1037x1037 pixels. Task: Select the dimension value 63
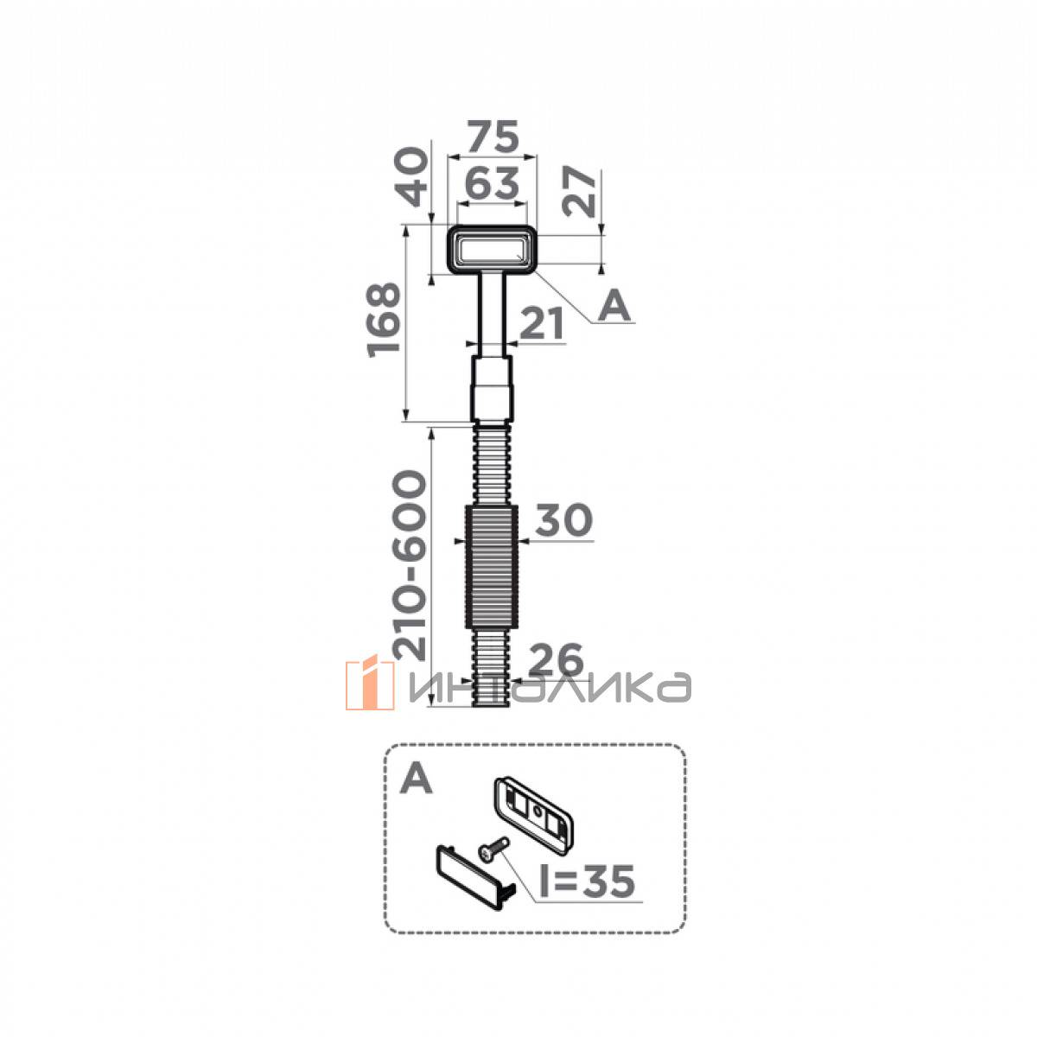[492, 183]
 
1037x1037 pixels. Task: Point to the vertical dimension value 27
[578, 192]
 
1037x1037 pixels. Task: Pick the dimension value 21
[543, 323]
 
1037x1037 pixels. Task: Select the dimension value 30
[564, 520]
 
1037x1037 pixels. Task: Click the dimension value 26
[557, 659]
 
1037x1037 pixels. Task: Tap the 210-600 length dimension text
[410, 566]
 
